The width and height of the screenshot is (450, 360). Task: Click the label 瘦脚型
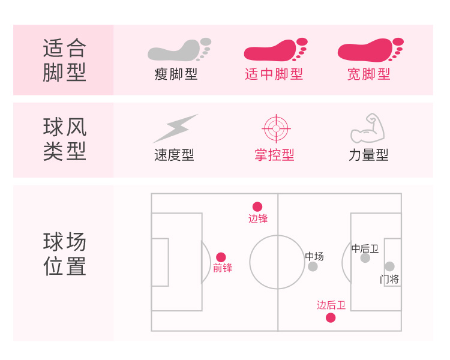(176, 74)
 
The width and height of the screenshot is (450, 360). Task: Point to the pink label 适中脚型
(274, 74)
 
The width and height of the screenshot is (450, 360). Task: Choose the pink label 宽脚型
(369, 74)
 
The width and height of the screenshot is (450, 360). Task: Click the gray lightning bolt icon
(175, 128)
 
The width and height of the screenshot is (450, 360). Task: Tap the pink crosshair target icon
(276, 128)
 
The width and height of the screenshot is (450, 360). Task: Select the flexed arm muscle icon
(368, 128)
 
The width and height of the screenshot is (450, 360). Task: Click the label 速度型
(174, 155)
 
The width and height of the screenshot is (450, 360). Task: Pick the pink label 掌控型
(274, 155)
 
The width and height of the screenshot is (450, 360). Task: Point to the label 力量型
(368, 155)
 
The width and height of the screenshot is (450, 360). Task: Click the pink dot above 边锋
(257, 206)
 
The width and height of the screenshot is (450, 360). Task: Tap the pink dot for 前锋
(221, 257)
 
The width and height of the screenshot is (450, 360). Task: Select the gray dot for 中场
(313, 266)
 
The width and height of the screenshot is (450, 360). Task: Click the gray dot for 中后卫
(365, 258)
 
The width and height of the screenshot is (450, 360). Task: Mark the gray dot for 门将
(389, 266)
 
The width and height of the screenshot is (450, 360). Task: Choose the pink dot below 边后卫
(331, 317)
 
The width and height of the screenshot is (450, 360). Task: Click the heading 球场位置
(65, 254)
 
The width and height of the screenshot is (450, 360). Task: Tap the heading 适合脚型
(65, 60)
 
